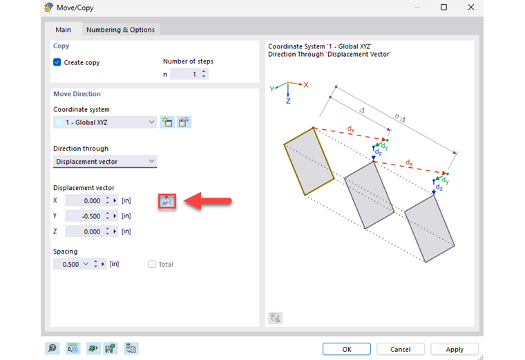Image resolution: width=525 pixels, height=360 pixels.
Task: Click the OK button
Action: (x=347, y=349)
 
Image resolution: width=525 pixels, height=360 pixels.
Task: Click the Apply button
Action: (x=455, y=349)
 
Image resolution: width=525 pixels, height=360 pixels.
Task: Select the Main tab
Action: (x=64, y=30)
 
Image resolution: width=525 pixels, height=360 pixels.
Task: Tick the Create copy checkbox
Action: (x=57, y=62)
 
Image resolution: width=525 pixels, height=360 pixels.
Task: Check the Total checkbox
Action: (x=152, y=264)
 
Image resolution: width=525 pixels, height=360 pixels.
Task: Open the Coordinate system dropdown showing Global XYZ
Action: (x=105, y=122)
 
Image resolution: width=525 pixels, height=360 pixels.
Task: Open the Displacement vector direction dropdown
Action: (x=105, y=162)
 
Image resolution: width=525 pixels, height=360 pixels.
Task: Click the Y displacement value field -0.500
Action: (x=84, y=216)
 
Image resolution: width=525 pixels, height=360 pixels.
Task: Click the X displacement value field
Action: (x=84, y=200)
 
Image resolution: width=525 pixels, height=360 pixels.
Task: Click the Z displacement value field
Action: (x=84, y=231)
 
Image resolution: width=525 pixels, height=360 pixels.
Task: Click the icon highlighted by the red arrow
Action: (x=167, y=200)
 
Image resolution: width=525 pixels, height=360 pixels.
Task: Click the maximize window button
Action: (x=443, y=7)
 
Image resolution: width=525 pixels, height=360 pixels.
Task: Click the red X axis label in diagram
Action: (x=306, y=84)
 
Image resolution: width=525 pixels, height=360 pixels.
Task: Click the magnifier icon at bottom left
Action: (x=52, y=348)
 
